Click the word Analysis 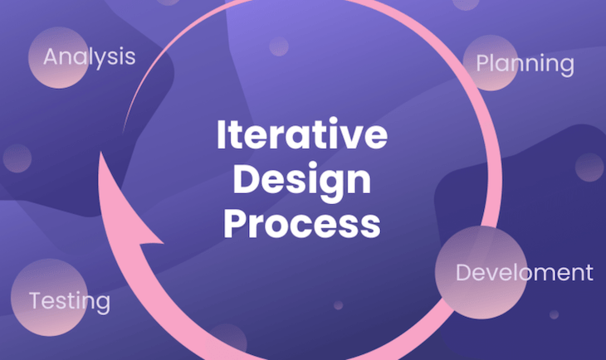89,57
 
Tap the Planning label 525,64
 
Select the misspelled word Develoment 525,272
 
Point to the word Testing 70,300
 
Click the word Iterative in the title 302,135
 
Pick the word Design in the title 302,178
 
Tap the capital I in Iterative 222,135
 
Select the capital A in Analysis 51,57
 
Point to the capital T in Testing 36,300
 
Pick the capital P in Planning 482,64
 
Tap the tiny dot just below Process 338,305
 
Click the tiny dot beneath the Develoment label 554,314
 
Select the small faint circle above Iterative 278,46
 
